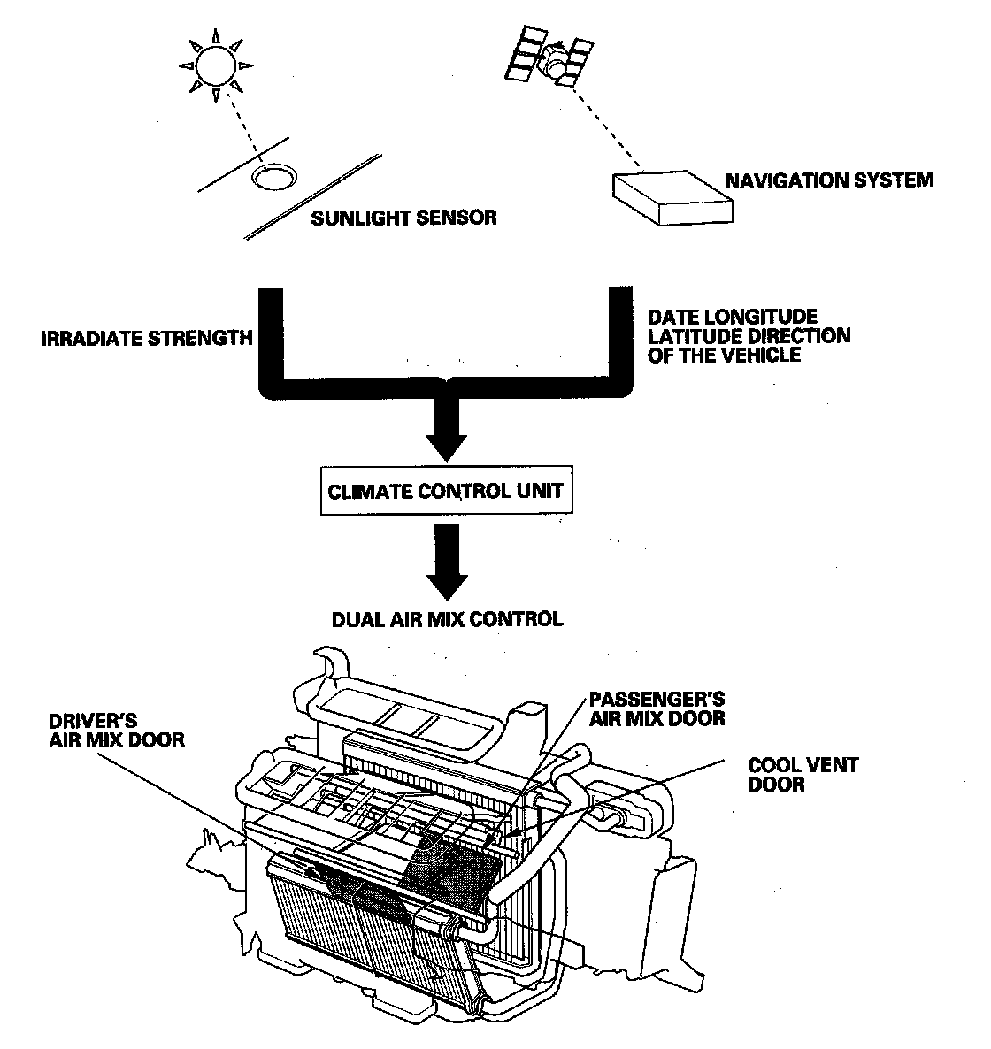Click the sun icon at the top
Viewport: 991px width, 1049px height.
[216, 65]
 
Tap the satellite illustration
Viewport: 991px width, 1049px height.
[549, 58]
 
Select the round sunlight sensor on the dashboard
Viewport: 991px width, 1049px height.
[273, 177]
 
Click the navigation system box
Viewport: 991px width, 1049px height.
[673, 197]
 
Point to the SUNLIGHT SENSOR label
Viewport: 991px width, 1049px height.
[403, 217]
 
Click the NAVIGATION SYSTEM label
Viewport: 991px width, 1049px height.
[829, 180]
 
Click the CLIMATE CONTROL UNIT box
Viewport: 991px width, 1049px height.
[445, 491]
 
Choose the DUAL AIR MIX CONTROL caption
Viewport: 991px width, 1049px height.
[447, 619]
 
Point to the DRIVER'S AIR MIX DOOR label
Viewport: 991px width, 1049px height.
[116, 730]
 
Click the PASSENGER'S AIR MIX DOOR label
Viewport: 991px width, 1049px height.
[657, 708]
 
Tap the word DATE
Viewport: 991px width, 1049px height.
[671, 317]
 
